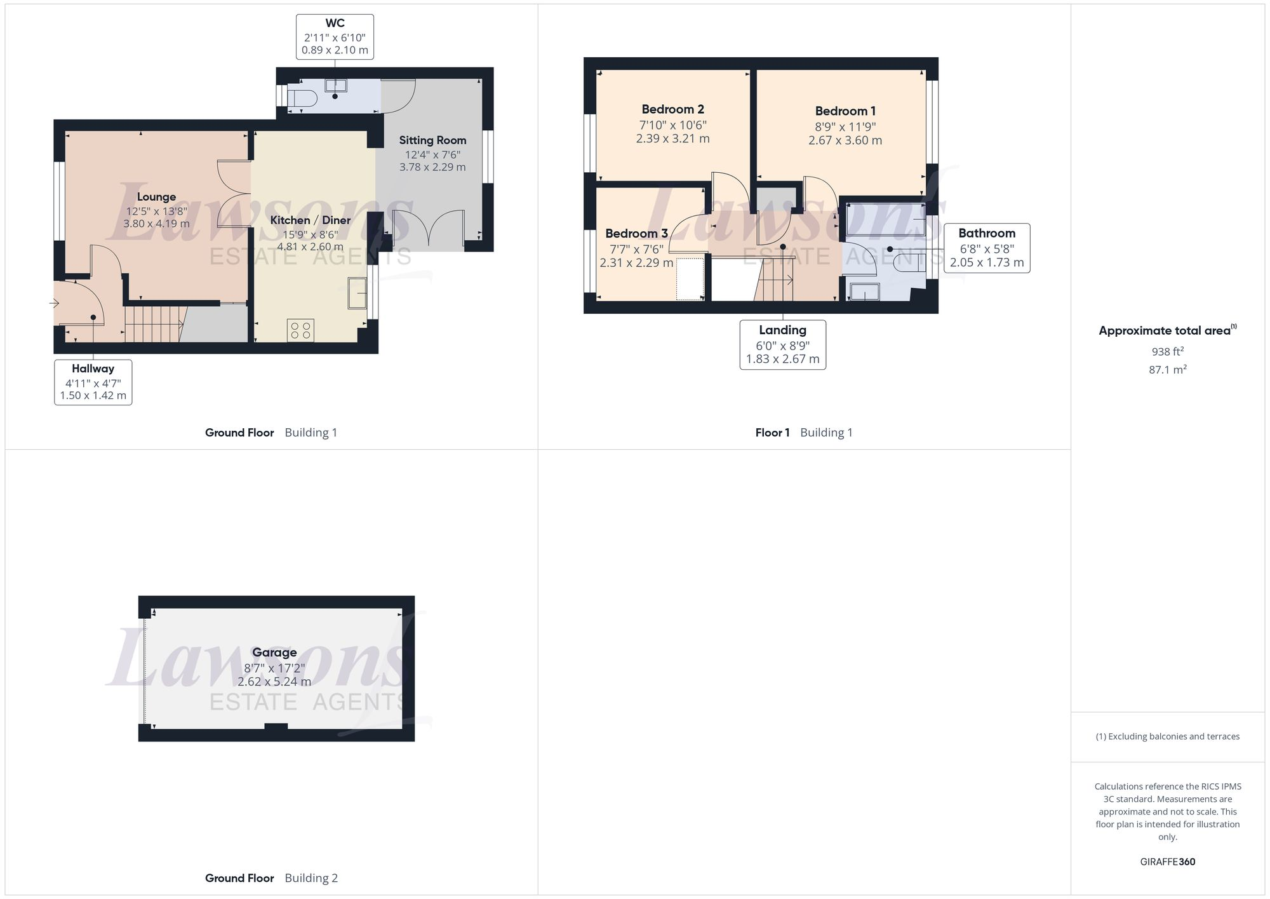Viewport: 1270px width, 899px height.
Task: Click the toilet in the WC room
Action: click(x=302, y=98)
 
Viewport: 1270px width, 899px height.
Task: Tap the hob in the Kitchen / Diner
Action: click(x=300, y=330)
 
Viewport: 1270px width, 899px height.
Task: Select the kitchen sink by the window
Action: click(x=358, y=294)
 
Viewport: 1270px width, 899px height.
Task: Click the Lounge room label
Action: click(x=156, y=197)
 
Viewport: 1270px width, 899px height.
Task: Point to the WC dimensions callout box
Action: click(x=335, y=37)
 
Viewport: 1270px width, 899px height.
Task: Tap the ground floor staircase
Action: click(x=152, y=325)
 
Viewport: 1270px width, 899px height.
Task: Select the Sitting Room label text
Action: click(x=432, y=140)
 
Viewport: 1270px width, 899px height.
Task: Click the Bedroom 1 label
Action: click(x=845, y=111)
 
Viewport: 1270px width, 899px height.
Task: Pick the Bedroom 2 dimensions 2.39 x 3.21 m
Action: click(x=672, y=139)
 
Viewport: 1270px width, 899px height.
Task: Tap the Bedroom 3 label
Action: click(x=636, y=233)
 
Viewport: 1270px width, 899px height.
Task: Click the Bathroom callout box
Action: click(x=986, y=248)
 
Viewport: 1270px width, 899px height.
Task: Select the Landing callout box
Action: click(x=782, y=344)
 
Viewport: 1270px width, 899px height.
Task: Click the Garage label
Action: click(x=274, y=652)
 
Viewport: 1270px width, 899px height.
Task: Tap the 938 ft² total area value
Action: click(x=1167, y=351)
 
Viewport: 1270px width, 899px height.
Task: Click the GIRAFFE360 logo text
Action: click(x=1167, y=862)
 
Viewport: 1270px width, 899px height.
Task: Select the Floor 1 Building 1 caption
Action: click(x=803, y=433)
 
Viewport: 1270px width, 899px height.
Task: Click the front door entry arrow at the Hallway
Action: click(x=54, y=304)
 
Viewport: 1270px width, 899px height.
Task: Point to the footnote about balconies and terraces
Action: click(x=1167, y=736)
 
